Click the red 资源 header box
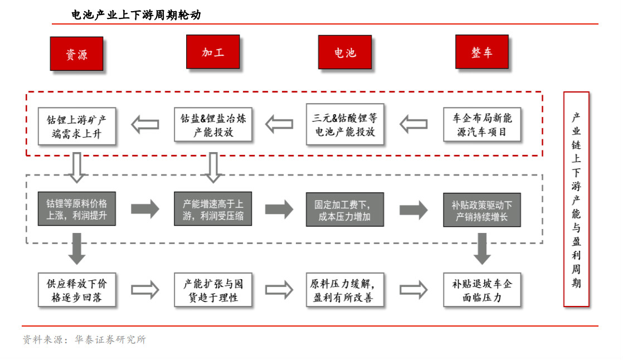pos(77,53)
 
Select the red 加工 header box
pos(213,52)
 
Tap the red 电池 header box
pos(345,52)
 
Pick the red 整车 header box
pos(482,52)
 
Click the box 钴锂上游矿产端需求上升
pos(77,126)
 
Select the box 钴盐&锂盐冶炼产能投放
pos(213,124)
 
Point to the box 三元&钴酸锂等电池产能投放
pos(345,124)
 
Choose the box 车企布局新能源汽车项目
pos(482,124)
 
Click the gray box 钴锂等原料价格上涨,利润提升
pos(77,209)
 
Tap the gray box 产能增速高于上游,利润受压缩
pos(213,209)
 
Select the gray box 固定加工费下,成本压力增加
pos(345,210)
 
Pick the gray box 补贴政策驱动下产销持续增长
pos(482,210)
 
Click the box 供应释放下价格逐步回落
pos(77,290)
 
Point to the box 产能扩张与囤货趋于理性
pos(213,290)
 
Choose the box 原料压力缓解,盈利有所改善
pos(345,290)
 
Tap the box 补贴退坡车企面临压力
pos(482,290)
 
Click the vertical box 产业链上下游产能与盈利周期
pos(576,200)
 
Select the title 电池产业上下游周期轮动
pos(137,15)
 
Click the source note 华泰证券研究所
pos(110,340)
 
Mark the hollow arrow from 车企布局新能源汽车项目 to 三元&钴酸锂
pos(413,124)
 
